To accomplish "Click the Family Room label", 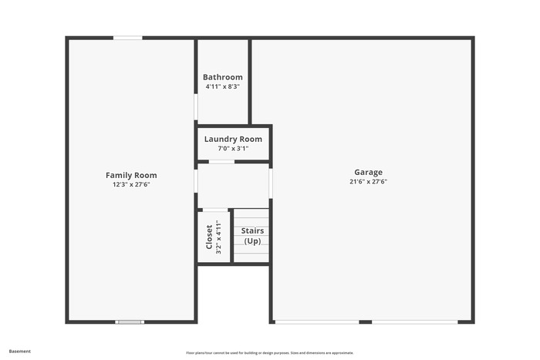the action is point(131,175).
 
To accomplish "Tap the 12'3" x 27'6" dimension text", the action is point(131,184).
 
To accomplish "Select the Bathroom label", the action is point(222,77).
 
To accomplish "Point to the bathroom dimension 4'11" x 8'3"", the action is point(222,86).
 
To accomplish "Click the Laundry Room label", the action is point(233,139).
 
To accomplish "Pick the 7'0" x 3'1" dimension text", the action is point(233,148).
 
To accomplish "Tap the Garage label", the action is point(368,172).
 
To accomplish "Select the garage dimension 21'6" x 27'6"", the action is point(368,181).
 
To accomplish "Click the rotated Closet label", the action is point(209,237).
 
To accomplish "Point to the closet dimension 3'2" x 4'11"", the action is point(218,237).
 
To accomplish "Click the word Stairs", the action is point(252,230).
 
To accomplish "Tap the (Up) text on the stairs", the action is point(252,241).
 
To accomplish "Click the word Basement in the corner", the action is point(19,352).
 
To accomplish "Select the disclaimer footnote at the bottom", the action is point(270,353).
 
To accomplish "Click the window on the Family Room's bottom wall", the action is point(130,322).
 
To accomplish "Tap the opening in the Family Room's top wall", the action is point(128,38).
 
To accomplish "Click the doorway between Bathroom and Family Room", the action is point(196,106).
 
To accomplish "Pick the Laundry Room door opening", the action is point(222,162).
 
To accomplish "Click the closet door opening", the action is point(215,210).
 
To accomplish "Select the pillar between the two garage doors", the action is point(366,322).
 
